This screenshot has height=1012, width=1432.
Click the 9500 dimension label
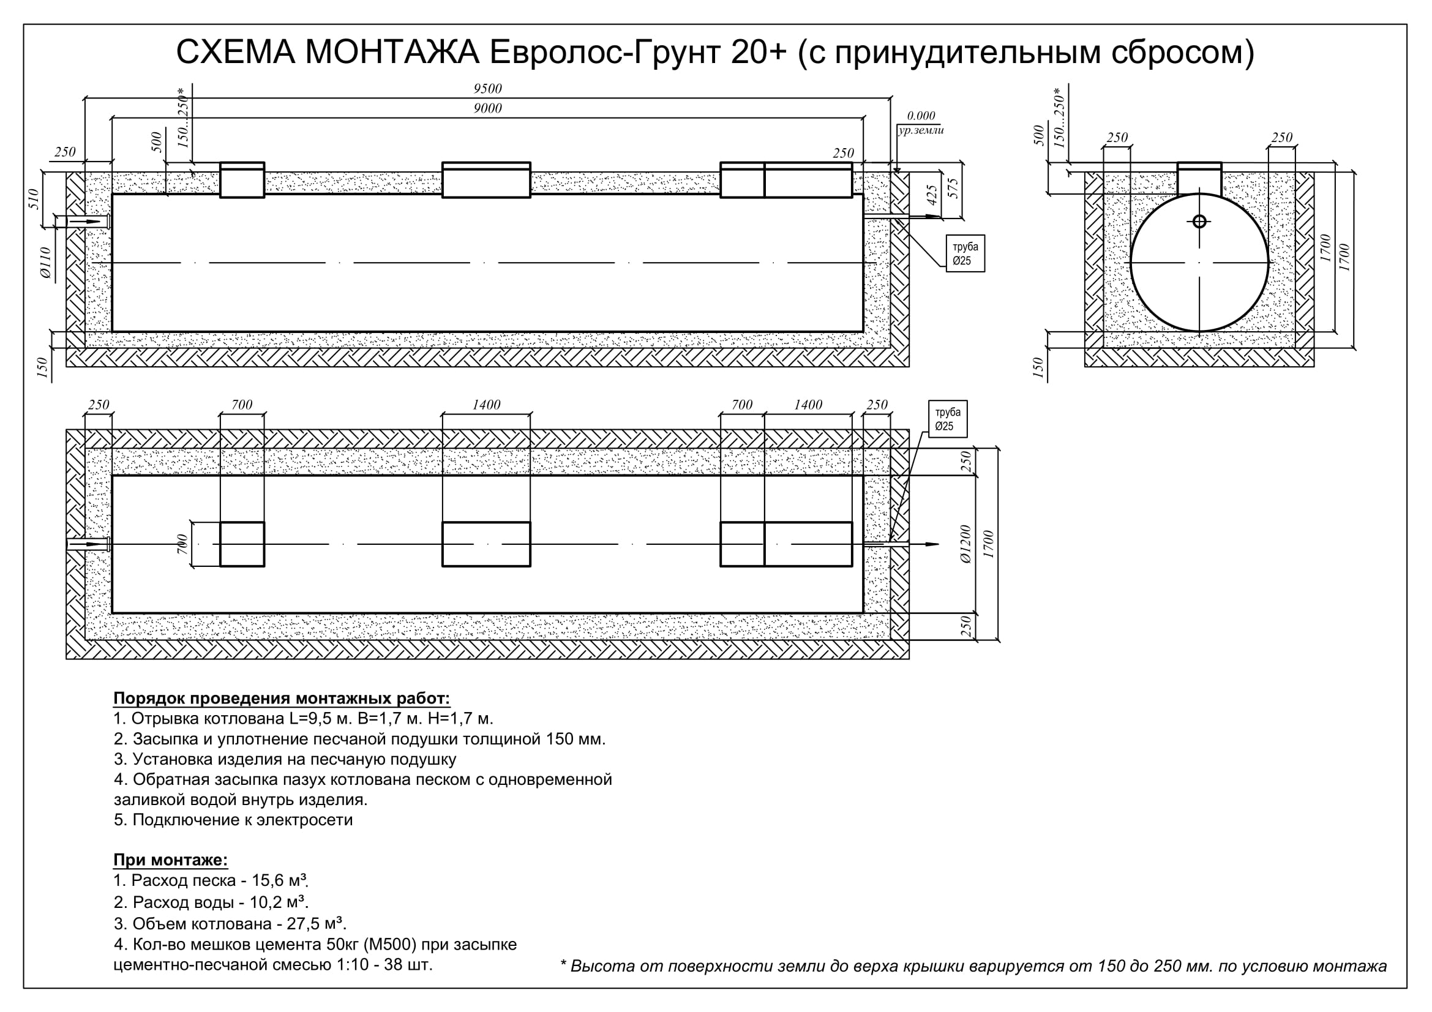487,89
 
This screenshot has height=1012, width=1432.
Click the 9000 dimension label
487,108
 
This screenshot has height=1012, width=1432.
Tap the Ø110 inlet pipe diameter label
45,262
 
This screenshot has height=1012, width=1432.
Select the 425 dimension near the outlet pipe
932,195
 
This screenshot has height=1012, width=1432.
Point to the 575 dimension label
953,189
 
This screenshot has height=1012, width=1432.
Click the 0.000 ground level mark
921,116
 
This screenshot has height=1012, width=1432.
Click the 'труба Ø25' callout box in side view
965,253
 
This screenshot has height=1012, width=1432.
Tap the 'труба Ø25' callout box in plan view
948,419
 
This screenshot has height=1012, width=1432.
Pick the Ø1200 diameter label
965,544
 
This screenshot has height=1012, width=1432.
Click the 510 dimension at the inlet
34,199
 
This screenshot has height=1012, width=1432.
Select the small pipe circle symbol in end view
1199,222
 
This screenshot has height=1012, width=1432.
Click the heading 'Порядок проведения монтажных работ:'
281,699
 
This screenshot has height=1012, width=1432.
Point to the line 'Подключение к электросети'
242,819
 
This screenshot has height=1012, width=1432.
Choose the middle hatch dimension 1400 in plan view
487,405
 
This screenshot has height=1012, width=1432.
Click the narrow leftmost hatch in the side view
242,180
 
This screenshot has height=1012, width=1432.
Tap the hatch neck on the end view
1199,178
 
